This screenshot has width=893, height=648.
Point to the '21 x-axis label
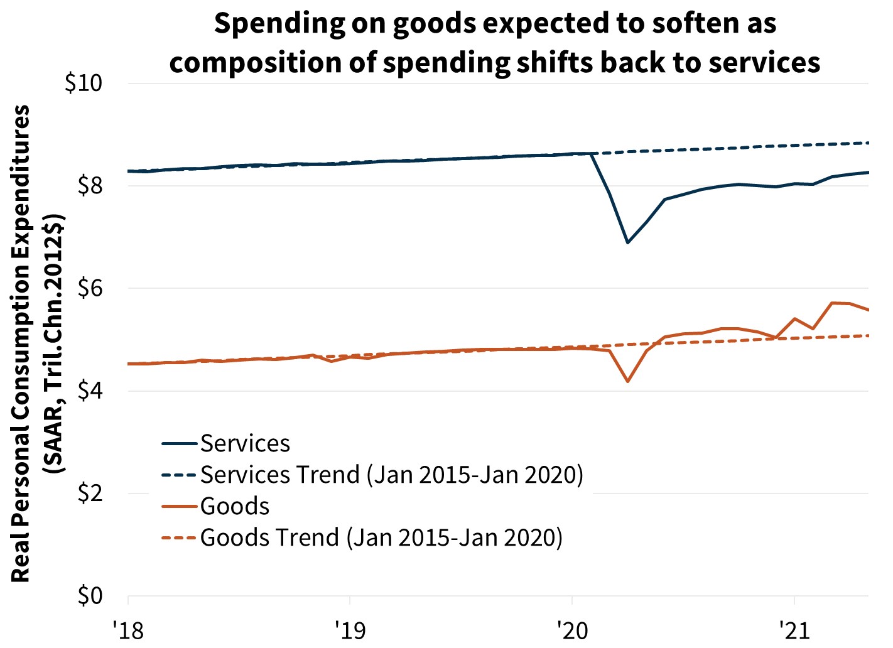794,629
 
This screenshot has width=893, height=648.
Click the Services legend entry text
245,444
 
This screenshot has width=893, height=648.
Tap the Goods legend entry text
235,506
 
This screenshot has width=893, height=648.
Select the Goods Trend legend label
381,537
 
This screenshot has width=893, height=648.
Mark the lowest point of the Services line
627,242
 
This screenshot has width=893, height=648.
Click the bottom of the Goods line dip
627,381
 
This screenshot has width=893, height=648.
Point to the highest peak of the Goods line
831,303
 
